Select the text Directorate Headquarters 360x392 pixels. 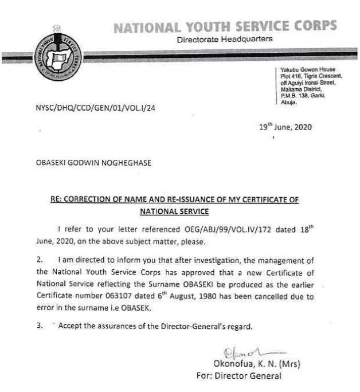[x=225, y=40]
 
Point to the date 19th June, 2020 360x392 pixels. [x=285, y=127]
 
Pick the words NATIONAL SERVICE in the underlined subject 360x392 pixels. [x=176, y=211]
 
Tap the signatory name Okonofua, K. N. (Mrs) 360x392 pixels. [x=255, y=364]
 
